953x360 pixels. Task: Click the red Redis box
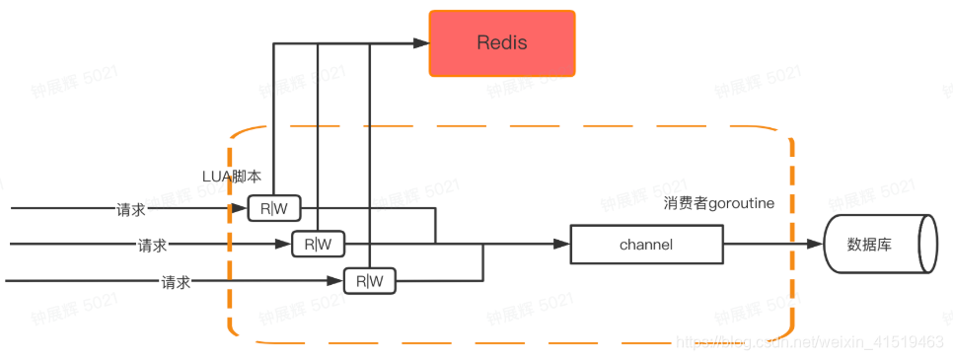[x=502, y=43]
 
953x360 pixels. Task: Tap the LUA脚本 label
[x=232, y=177]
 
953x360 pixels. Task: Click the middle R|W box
[x=319, y=244]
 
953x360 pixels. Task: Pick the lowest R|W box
[x=369, y=281]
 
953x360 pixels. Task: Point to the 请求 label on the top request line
[x=131, y=209]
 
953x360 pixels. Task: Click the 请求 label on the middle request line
[x=153, y=245]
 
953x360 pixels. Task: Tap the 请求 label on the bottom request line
[x=176, y=282]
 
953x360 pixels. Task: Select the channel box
[x=646, y=244]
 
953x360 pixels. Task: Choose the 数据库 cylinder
[x=876, y=244]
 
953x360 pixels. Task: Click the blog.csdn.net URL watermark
[x=809, y=341]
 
